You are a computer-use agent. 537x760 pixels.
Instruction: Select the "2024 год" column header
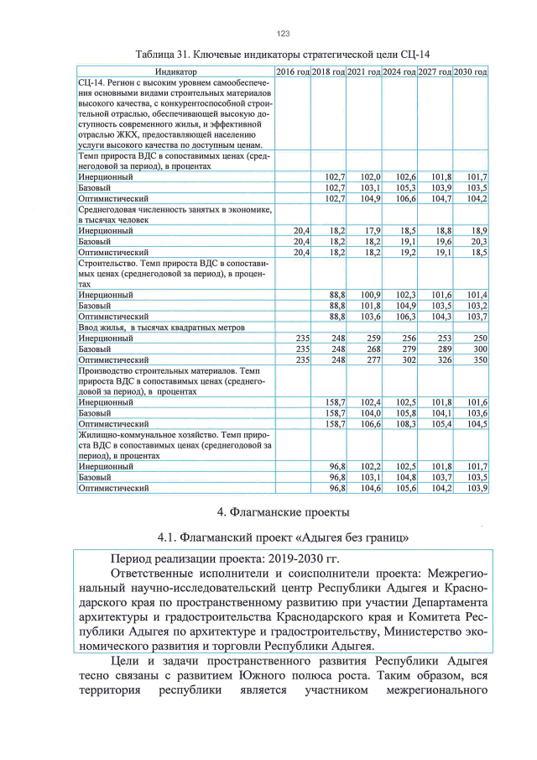[399, 73]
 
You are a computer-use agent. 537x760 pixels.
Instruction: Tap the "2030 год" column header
[471, 73]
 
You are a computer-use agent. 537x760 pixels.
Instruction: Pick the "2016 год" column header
[293, 73]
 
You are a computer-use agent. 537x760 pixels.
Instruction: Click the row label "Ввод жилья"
[102, 327]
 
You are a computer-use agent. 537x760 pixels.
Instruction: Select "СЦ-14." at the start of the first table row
[91, 84]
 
